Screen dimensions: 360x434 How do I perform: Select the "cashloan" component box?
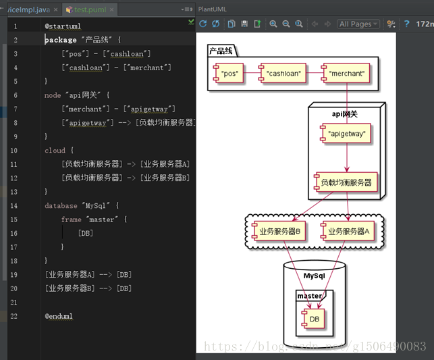coord(283,73)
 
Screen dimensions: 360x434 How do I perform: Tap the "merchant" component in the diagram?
coord(346,73)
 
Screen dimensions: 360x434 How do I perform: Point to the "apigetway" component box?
coord(346,134)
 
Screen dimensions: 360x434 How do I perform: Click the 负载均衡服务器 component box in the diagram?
coord(346,182)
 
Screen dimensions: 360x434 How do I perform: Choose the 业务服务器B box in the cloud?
coord(279,231)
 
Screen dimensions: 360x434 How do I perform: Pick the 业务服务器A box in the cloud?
coord(348,231)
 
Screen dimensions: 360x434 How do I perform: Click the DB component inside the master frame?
coord(314,319)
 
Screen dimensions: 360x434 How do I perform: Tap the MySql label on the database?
coord(314,276)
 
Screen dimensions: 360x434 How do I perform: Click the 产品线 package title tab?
coord(221,51)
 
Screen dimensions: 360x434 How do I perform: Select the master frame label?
coord(309,296)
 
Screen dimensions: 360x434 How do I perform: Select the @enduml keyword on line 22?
coord(59,316)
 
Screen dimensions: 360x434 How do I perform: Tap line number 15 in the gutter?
coord(15,220)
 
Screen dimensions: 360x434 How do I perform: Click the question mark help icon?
coord(407,24)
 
